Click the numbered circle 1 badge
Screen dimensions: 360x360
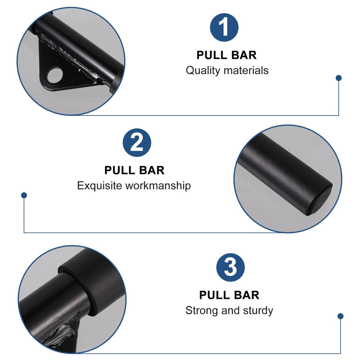(224, 28)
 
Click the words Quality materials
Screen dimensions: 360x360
(227, 70)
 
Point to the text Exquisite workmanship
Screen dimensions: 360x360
(134, 185)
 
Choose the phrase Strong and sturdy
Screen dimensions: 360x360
(229, 310)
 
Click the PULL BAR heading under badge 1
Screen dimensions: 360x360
(226, 55)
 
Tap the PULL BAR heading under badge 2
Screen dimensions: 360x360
(134, 170)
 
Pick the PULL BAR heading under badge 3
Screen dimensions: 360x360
(229, 295)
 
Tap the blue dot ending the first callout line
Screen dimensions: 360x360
(339, 78)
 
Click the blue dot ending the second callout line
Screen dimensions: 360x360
(24, 195)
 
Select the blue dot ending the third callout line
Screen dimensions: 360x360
(340, 316)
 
